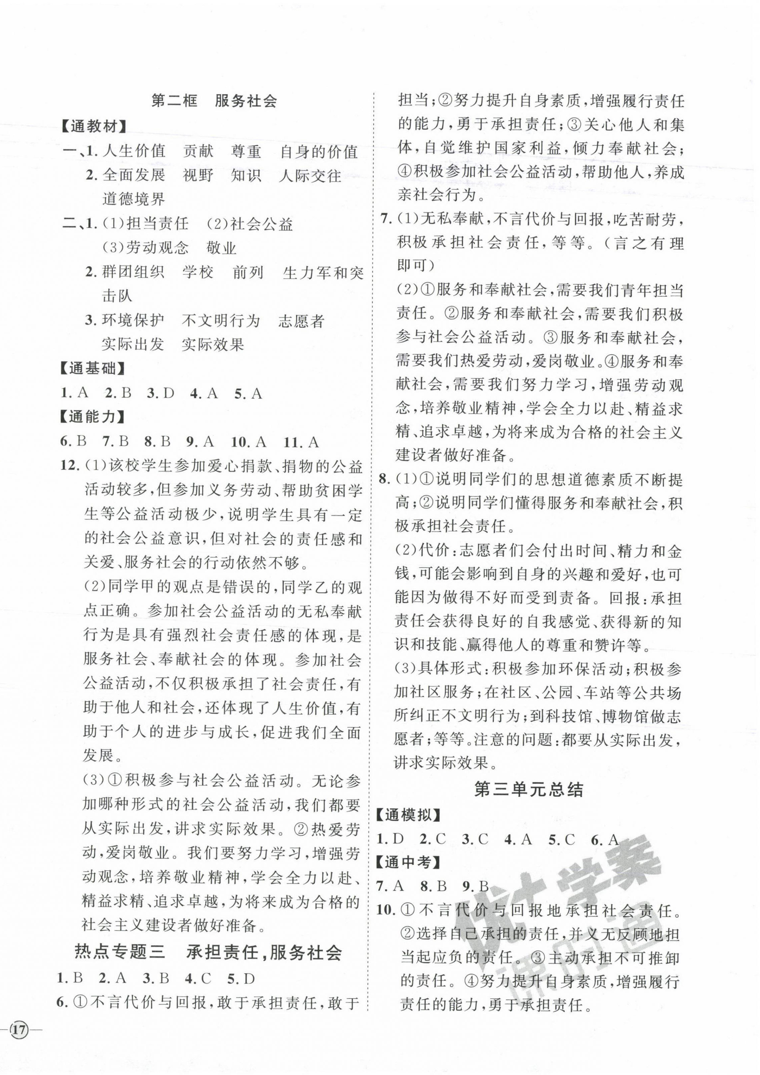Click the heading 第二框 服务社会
pyautogui.click(x=214, y=101)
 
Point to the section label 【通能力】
pyautogui.click(x=94, y=417)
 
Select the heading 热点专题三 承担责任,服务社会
pyautogui.click(x=208, y=953)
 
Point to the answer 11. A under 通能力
pyautogui.click(x=301, y=442)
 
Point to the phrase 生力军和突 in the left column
pyautogui.click(x=323, y=273)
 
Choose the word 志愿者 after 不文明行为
pyautogui.click(x=301, y=321)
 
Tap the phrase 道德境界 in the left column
pyautogui.click(x=134, y=199)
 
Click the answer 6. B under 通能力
pyautogui.click(x=74, y=442)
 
